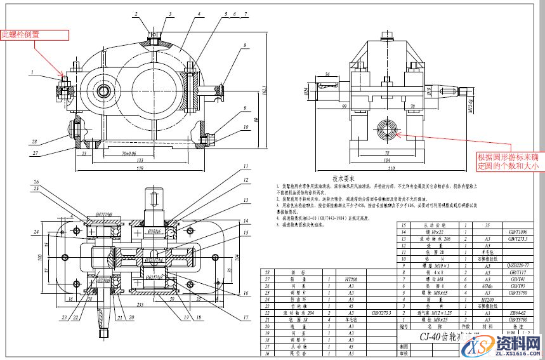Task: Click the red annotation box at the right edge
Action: (x=509, y=161)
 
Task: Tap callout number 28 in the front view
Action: (x=36, y=142)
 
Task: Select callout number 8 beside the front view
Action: (x=244, y=45)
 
